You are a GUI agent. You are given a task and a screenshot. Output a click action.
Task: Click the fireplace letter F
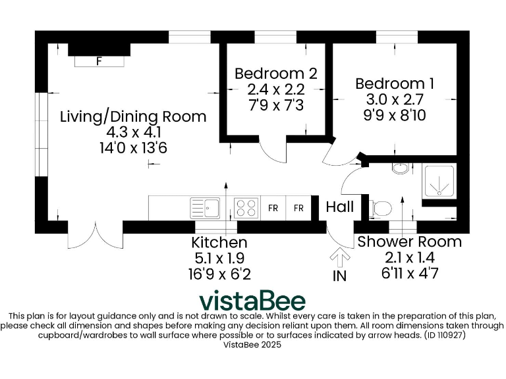pos(99,62)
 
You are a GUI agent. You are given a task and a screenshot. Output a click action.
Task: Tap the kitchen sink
pos(206,208)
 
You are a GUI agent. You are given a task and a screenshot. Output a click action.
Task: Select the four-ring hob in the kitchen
pos(246,208)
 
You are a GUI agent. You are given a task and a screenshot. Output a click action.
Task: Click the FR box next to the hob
pos(273,208)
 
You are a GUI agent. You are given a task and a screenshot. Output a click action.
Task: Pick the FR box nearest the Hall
pos(298,208)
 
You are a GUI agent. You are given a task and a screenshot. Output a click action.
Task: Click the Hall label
pos(340,207)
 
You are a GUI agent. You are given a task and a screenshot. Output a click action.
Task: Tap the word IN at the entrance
pos(339,276)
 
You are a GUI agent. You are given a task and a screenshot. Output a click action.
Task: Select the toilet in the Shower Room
pos(381,209)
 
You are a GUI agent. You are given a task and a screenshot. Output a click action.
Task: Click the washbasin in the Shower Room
pos(400,167)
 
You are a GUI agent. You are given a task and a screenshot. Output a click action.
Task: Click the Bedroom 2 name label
pos(276,73)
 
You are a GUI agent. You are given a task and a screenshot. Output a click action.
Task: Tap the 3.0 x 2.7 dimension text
pos(395,99)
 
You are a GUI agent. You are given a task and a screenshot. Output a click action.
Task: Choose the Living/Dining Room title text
pos(133,116)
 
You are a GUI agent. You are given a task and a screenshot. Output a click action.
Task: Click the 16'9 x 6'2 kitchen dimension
pos(219,273)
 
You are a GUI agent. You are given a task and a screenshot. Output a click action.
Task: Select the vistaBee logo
pos(252,300)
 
